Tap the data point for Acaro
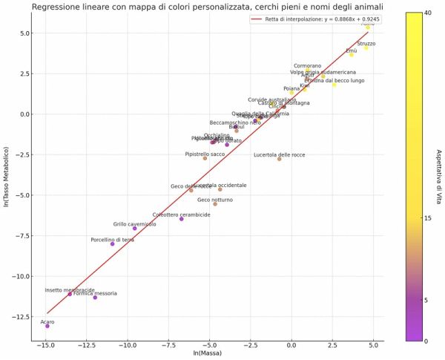(47, 326)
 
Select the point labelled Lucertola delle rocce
(280, 159)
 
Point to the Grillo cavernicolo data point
(135, 228)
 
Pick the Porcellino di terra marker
(113, 244)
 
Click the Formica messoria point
(95, 298)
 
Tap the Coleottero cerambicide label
(182, 215)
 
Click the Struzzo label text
(366, 44)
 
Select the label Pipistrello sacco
(205, 154)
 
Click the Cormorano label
(308, 66)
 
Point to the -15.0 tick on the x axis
(46, 346)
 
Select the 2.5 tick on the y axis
(27, 73)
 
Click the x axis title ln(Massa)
(208, 354)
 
